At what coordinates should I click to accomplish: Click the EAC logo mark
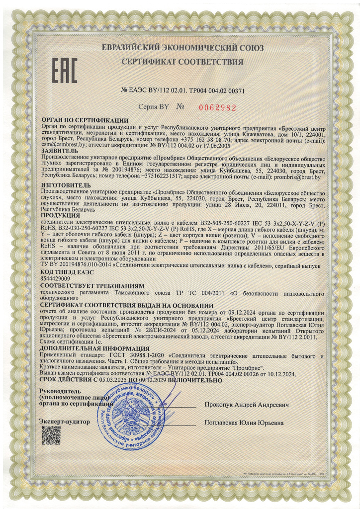click(x=65, y=72)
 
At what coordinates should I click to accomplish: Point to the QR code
click(x=51, y=435)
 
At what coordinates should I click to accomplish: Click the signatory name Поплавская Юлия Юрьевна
click(x=244, y=423)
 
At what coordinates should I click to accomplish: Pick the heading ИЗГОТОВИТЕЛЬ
click(x=64, y=184)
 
